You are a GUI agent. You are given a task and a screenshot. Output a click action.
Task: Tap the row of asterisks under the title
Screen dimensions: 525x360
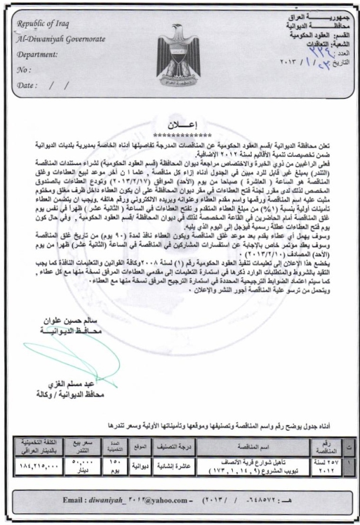coord(181,135)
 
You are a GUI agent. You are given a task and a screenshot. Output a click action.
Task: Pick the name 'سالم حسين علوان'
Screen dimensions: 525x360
coord(69,322)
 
